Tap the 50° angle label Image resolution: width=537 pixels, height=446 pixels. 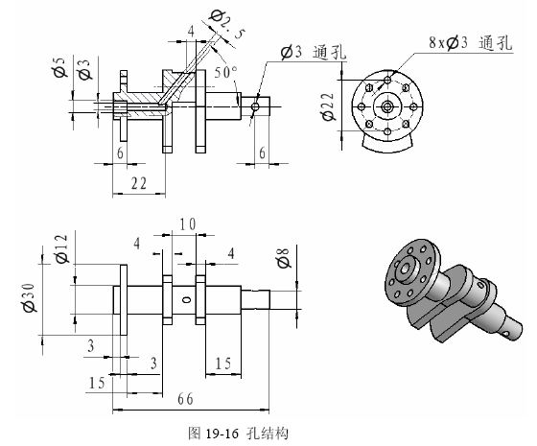[225, 72]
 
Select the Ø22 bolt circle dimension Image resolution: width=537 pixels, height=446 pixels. [328, 106]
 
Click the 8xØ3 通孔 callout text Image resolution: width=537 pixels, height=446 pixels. [471, 42]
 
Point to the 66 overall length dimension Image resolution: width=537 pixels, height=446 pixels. [185, 399]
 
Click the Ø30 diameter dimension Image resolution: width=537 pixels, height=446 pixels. [29, 297]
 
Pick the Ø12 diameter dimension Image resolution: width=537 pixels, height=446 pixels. [62, 248]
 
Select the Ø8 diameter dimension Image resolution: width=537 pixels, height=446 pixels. [283, 258]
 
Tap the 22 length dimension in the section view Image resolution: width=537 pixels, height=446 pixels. [139, 183]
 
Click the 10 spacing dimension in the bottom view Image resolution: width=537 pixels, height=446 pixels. [188, 224]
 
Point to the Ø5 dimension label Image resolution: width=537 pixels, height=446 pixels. [59, 67]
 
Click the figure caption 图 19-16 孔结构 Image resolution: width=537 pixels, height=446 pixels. [238, 434]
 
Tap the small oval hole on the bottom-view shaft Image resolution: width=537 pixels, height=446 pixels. [186, 300]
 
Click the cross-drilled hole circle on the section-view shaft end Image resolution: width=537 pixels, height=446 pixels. [255, 106]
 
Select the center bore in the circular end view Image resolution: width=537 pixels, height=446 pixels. [387, 106]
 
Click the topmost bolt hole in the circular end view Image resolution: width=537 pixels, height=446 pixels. [387, 81]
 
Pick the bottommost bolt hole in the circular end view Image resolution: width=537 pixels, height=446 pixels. [387, 131]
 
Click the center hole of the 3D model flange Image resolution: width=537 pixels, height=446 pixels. [405, 270]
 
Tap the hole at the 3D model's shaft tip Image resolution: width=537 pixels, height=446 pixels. [506, 333]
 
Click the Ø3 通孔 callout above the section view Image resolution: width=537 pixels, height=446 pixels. [313, 53]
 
